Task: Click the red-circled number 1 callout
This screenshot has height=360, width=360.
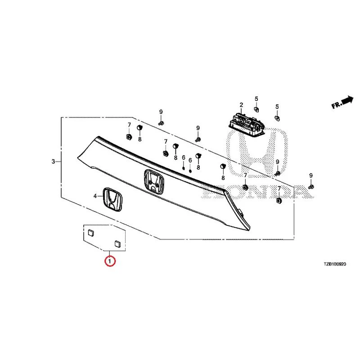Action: pyautogui.click(x=110, y=261)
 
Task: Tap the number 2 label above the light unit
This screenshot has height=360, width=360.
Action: pyautogui.click(x=241, y=105)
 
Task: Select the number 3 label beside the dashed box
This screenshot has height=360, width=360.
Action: pyautogui.click(x=53, y=162)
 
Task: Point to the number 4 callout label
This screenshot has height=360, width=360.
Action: pyautogui.click(x=95, y=196)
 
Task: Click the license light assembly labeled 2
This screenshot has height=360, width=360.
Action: pyautogui.click(x=246, y=124)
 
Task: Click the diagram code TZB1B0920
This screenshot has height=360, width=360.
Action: pyautogui.click(x=335, y=264)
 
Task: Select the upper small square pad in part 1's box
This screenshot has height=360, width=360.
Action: pyautogui.click(x=91, y=233)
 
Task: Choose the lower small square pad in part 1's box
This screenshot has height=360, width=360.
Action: pyautogui.click(x=117, y=244)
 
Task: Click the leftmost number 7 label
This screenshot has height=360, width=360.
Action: pyautogui.click(x=129, y=125)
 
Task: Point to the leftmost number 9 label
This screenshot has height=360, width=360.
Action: pyautogui.click(x=161, y=112)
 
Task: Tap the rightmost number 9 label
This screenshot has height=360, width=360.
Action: pyautogui.click(x=311, y=175)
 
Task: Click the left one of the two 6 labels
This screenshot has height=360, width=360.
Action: pyautogui.click(x=184, y=157)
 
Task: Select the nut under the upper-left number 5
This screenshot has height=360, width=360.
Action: pyautogui.click(x=256, y=109)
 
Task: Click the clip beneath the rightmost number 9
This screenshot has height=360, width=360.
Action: pyautogui.click(x=311, y=187)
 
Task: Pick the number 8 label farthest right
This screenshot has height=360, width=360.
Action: pyautogui.click(x=223, y=177)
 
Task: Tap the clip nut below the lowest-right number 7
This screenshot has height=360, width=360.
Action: pyautogui.click(x=279, y=200)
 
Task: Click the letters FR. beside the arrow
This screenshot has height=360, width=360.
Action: pyautogui.click(x=337, y=105)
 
